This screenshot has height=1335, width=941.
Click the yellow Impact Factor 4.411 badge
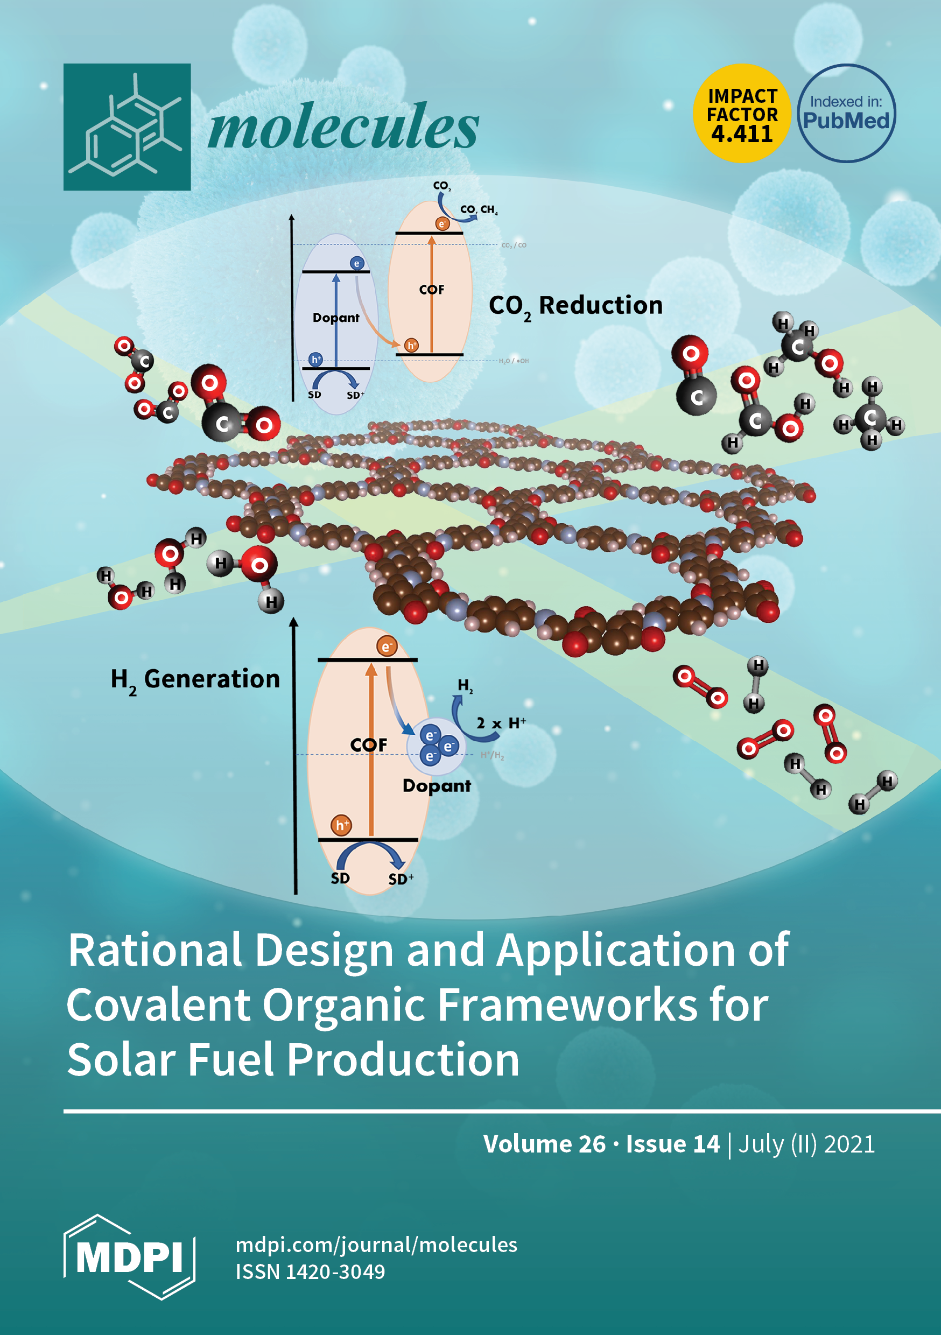pyautogui.click(x=741, y=114)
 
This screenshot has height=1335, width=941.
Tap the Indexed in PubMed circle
pyautogui.click(x=846, y=113)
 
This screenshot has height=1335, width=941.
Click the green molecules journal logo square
pyautogui.click(x=127, y=127)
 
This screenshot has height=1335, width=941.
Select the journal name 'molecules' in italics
pyautogui.click(x=343, y=127)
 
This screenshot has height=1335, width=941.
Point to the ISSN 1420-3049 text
pyautogui.click(x=310, y=1272)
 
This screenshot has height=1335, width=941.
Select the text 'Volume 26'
pyautogui.click(x=544, y=1144)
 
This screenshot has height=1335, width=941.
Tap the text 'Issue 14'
pyautogui.click(x=673, y=1144)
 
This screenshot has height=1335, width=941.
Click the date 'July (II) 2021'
pyautogui.click(x=806, y=1144)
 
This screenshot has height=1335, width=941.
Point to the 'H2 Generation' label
pyautogui.click(x=195, y=680)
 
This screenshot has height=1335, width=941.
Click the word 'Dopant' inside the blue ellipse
pyautogui.click(x=335, y=318)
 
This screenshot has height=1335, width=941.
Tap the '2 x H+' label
pyautogui.click(x=501, y=723)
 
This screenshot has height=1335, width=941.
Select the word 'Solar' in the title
pyautogui.click(x=121, y=1059)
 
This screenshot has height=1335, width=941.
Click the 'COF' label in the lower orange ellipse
pyautogui.click(x=368, y=745)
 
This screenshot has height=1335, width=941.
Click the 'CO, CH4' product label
pyautogui.click(x=479, y=209)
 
